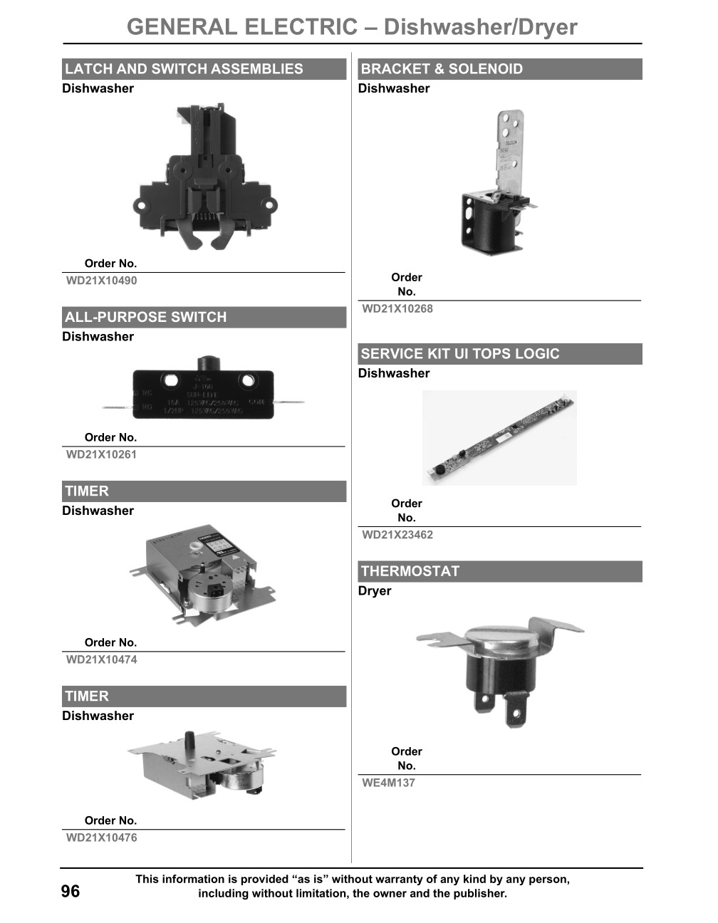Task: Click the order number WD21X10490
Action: point(101,281)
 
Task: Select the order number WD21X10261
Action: point(101,454)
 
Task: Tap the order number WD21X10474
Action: point(101,659)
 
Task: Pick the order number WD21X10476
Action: point(101,838)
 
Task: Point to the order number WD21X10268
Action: point(397,309)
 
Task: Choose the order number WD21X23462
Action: point(397,535)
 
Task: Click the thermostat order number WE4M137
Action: point(388,783)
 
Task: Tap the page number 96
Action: point(71,892)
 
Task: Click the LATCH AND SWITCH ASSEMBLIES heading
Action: point(184,69)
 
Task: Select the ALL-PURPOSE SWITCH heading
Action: point(145,317)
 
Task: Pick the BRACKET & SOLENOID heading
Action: point(442,69)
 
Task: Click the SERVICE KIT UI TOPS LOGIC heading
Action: point(460,354)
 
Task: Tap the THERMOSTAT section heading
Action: point(410,571)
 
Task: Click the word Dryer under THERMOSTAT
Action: point(375,591)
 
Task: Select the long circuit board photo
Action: point(499,437)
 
